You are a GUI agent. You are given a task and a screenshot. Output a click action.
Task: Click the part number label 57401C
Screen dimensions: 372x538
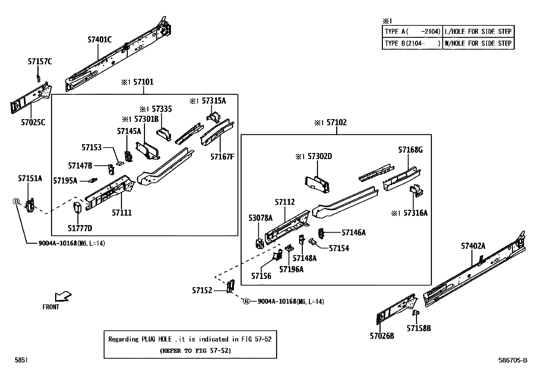click(x=99, y=40)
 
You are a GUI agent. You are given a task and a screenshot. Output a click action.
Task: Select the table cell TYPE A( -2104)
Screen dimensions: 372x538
click(x=412, y=31)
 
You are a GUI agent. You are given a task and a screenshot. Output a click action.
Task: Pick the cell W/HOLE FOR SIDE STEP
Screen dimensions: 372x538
click(x=478, y=43)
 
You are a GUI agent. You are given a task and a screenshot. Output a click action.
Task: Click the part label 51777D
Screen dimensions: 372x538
click(x=80, y=228)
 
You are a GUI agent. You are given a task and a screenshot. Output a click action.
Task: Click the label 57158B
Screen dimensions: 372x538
click(x=419, y=328)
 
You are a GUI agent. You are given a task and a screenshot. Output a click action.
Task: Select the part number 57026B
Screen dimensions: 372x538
click(x=382, y=336)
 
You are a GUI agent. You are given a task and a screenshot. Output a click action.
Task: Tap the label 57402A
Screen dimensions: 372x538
click(x=473, y=246)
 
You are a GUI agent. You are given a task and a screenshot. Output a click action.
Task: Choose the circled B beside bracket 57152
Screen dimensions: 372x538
click(x=246, y=301)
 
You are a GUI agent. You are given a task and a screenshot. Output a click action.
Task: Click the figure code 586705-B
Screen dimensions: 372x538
click(x=512, y=360)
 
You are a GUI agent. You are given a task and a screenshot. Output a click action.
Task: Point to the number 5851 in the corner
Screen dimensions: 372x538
click(x=21, y=360)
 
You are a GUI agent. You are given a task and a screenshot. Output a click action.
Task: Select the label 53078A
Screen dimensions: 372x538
click(x=260, y=218)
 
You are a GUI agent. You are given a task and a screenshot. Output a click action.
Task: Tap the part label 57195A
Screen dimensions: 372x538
click(x=65, y=181)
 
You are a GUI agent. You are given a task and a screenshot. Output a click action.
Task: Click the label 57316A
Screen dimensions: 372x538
click(x=416, y=213)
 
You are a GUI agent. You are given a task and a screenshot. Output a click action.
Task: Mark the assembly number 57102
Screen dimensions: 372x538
click(x=336, y=123)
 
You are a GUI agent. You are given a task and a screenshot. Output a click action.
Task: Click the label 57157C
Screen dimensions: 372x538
click(x=40, y=62)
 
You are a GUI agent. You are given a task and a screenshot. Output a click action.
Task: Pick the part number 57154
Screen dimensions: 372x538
click(x=339, y=248)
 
